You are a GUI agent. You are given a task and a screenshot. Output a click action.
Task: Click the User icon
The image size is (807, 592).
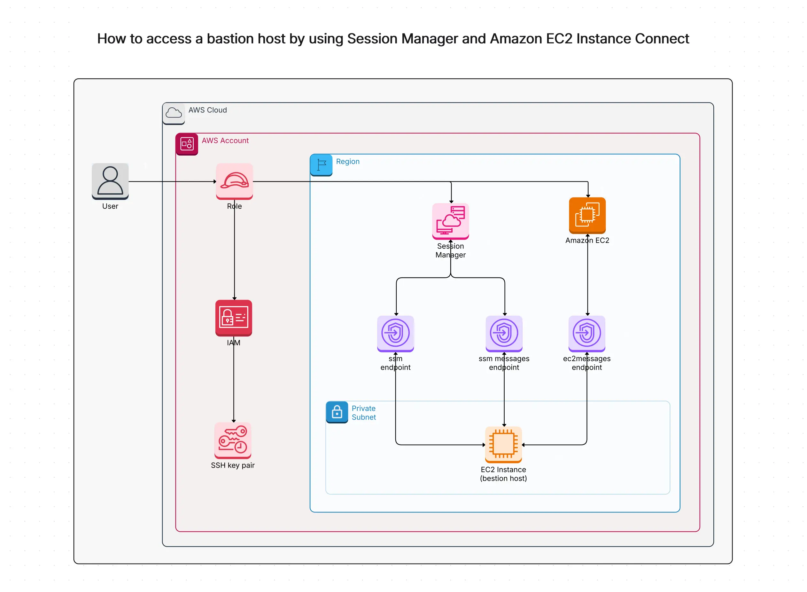[110, 181]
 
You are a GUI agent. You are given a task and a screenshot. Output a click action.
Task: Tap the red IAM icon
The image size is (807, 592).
[233, 318]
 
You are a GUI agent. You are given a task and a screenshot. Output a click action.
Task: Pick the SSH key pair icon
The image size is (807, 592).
[233, 440]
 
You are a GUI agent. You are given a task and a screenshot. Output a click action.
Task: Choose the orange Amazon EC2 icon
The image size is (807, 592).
[587, 215]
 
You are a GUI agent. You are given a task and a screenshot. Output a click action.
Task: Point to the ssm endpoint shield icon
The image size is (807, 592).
[395, 333]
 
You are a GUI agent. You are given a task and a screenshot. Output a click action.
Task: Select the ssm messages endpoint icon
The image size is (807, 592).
[504, 333]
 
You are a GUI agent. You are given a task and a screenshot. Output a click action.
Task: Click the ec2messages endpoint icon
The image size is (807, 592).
[586, 333]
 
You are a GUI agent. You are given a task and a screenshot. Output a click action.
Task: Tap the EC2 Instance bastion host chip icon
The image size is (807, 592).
[503, 444]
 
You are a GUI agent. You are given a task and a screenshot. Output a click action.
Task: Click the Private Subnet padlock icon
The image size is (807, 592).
[337, 412]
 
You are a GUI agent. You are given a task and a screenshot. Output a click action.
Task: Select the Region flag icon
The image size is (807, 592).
[321, 165]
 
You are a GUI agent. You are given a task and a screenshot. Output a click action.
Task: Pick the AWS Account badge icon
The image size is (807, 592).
[187, 144]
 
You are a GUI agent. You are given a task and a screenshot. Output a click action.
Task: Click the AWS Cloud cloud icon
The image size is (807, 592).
[174, 113]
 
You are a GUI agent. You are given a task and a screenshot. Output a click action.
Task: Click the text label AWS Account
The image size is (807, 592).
[225, 141]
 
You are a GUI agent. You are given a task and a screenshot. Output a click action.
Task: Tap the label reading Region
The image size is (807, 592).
[347, 161]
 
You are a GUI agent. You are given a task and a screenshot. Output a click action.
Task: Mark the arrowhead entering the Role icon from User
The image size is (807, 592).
[214, 181]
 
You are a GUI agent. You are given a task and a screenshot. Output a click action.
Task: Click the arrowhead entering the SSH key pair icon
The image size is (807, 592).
[233, 420]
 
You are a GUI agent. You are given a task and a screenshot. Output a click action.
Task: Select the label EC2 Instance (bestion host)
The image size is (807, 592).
[503, 473]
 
